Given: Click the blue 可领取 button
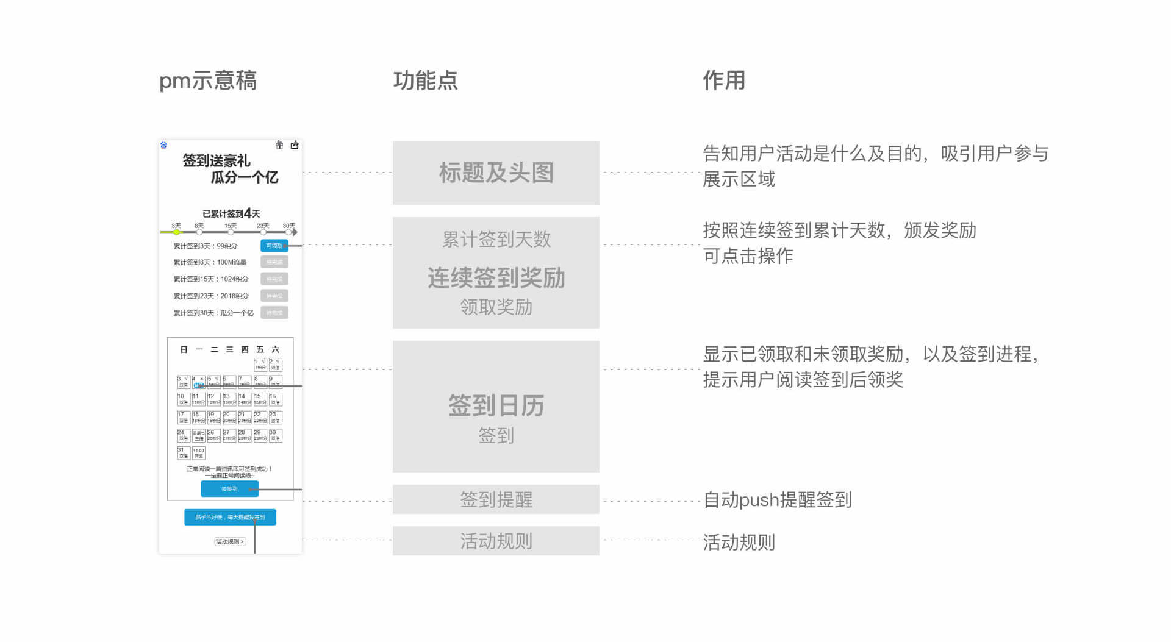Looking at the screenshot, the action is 274,246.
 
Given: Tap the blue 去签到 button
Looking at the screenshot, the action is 229,489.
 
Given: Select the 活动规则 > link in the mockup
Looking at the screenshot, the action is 230,541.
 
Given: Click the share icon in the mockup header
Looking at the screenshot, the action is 295,145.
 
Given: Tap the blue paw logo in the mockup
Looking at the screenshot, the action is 163,145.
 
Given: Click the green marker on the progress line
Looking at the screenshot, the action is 176,232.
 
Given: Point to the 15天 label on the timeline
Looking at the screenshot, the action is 231,226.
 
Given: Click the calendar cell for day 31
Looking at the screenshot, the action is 183,453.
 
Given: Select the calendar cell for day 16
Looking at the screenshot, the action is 275,399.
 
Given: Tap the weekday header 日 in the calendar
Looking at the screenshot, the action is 184,349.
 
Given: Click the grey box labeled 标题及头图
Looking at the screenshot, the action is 496,173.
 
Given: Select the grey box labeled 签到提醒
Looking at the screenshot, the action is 496,499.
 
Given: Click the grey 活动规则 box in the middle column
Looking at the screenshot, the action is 496,541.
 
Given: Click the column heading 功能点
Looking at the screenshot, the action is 425,80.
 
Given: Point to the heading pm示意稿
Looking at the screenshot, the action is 208,80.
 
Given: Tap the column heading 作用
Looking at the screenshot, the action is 724,80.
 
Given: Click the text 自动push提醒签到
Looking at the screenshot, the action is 777,500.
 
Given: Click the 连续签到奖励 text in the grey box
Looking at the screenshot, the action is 496,278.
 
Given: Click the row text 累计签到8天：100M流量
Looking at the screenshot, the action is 210,262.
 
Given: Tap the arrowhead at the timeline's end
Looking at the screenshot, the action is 295,232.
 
